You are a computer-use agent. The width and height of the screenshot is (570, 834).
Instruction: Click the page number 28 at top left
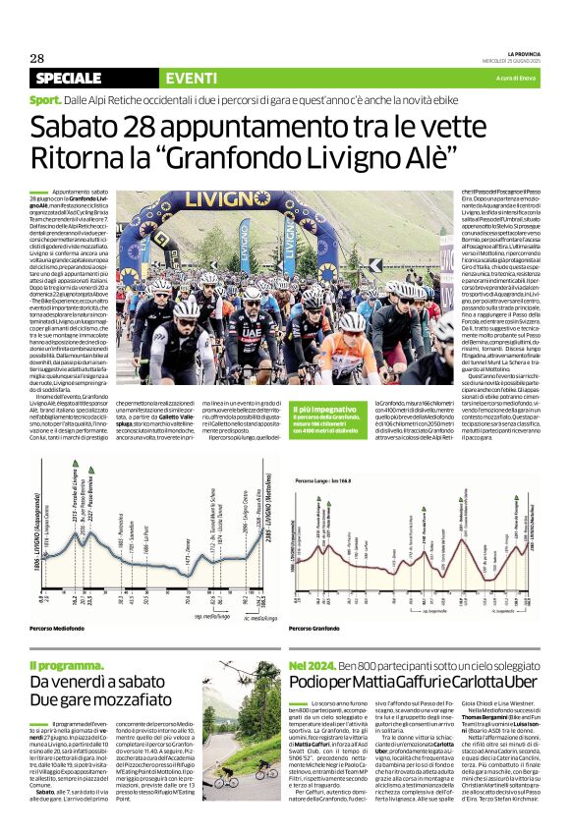[x=36, y=57]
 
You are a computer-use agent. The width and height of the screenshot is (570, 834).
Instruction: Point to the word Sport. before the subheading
[x=46, y=101]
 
